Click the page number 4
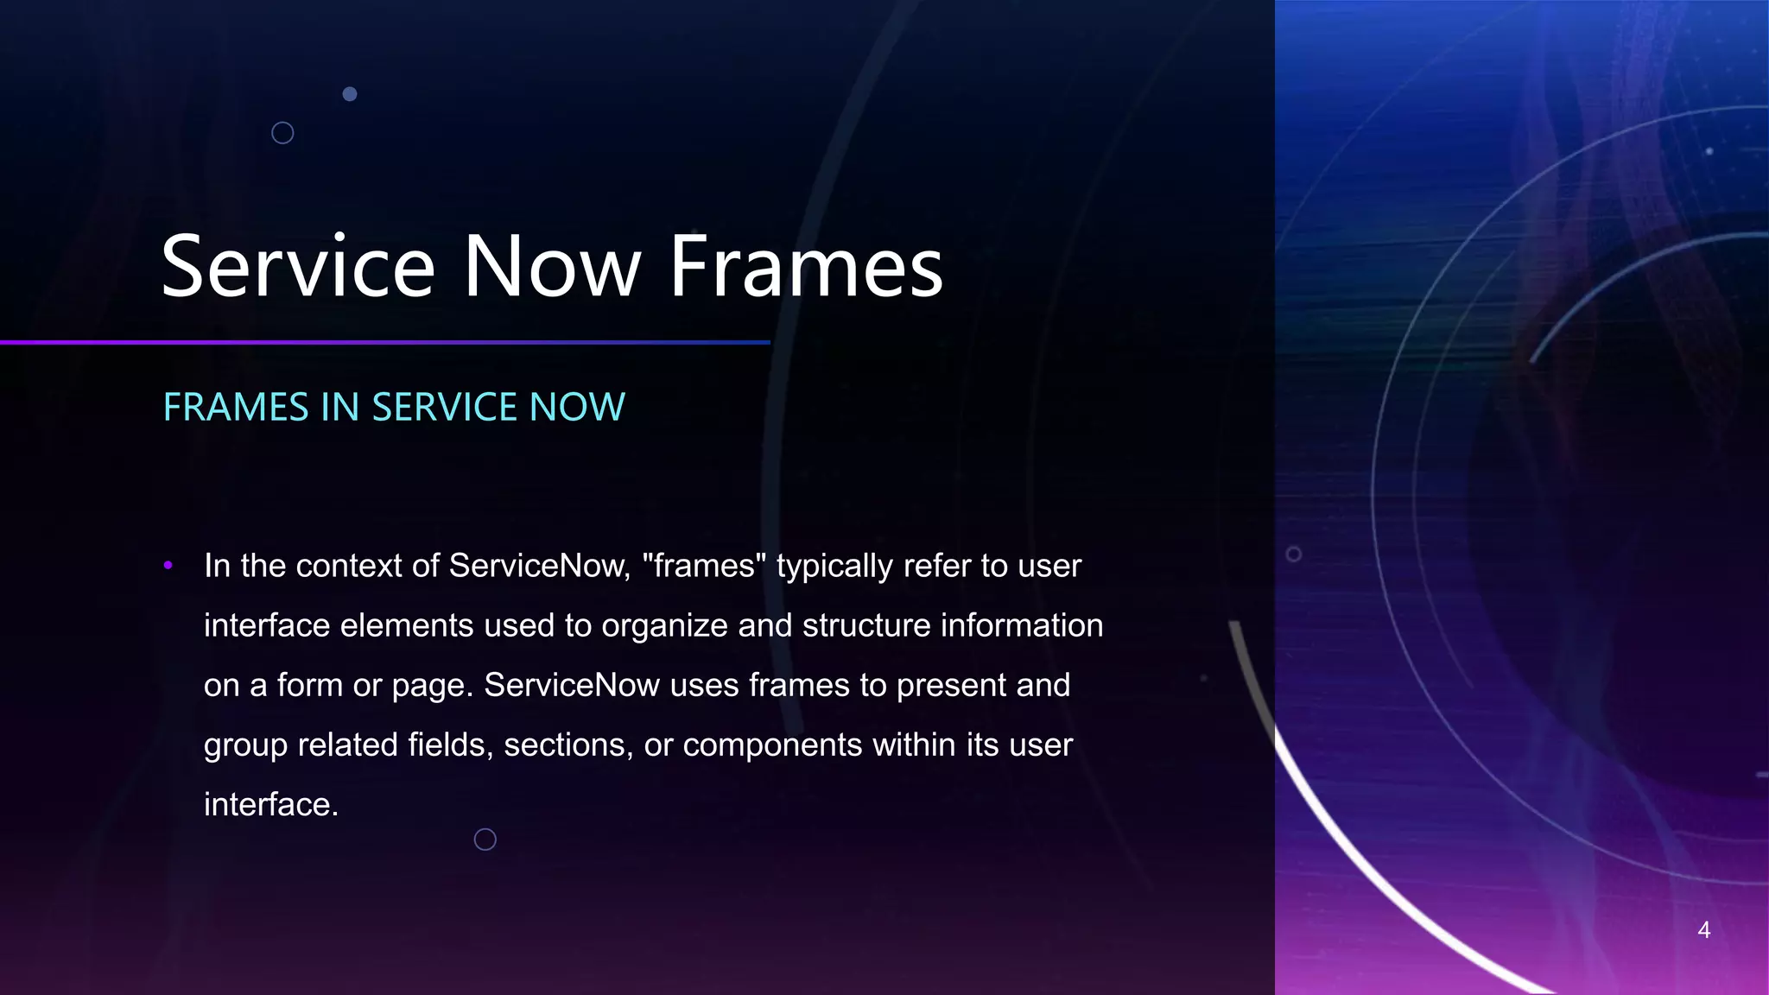click(x=1703, y=929)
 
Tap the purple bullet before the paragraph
click(x=168, y=566)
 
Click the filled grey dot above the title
click(x=350, y=94)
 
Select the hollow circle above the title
click(x=282, y=133)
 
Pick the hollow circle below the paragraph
click(x=485, y=839)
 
